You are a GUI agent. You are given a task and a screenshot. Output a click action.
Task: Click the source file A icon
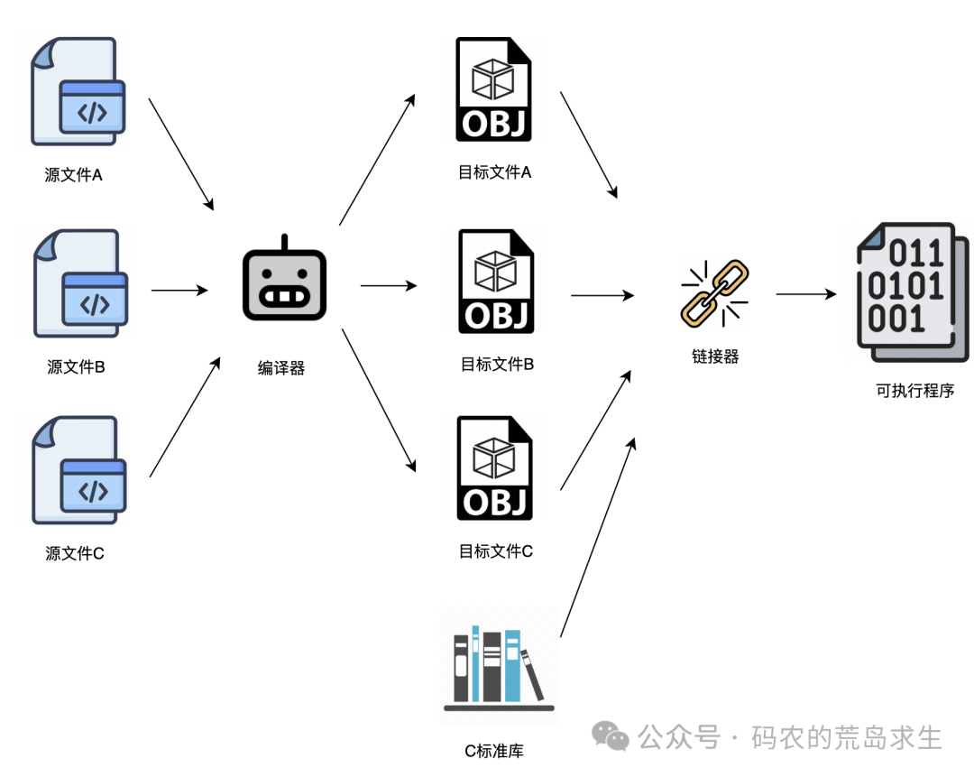click(78, 91)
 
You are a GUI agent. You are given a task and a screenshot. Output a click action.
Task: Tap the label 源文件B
click(77, 367)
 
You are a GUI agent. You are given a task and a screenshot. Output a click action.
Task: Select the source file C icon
click(78, 470)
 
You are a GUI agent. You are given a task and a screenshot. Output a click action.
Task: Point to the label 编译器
click(281, 367)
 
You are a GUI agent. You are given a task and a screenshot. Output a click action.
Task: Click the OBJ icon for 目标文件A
click(493, 89)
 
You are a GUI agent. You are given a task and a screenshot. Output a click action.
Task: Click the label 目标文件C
click(496, 550)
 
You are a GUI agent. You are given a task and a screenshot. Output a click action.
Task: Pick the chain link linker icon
click(714, 292)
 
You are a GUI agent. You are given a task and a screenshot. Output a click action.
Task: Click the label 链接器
click(715, 356)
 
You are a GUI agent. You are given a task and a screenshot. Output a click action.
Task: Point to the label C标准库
click(494, 751)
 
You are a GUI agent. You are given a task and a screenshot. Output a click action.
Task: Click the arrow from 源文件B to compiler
click(179, 291)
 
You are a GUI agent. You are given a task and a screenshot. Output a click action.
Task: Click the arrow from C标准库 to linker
click(598, 538)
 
